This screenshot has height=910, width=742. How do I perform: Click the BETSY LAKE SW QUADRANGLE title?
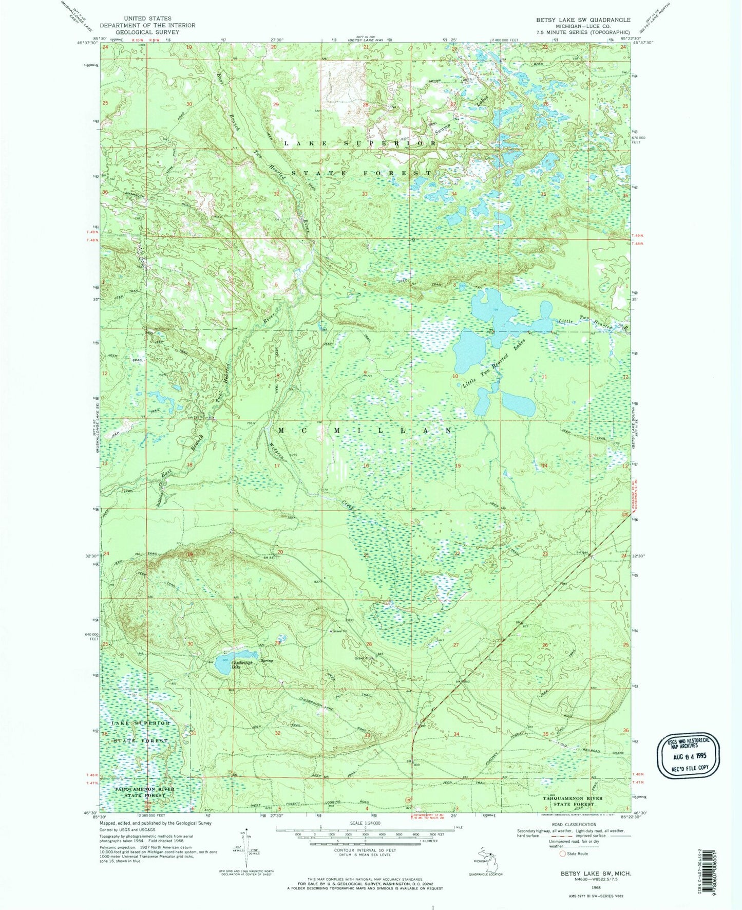point(583,20)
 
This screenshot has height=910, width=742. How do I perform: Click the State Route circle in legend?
point(563,853)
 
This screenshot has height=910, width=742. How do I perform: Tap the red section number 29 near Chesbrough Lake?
point(278,643)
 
